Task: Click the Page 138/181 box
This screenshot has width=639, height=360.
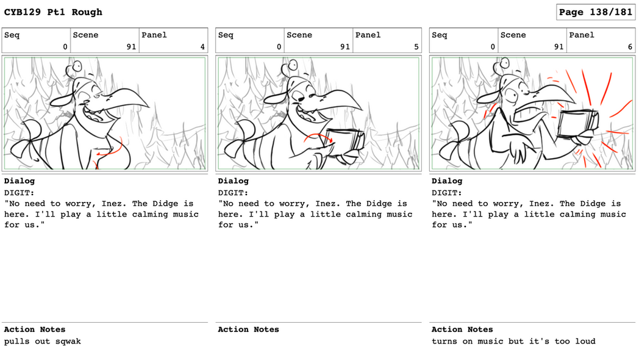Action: click(595, 12)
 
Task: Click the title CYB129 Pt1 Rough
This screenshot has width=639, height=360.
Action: click(53, 12)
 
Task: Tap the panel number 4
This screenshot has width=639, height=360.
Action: click(202, 47)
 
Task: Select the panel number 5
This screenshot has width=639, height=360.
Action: click(416, 47)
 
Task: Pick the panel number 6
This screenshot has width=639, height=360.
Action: click(630, 47)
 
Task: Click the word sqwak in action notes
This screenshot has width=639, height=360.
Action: click(68, 341)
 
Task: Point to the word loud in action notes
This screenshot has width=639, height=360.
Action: click(585, 341)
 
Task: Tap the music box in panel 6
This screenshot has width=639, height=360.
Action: click(577, 124)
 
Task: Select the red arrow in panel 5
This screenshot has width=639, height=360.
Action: click(318, 138)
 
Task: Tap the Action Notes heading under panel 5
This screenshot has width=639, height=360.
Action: click(248, 329)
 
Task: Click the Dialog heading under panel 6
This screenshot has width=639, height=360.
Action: click(447, 181)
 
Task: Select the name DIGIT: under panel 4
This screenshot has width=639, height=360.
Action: click(19, 193)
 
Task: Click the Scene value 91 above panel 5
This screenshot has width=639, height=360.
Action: click(344, 47)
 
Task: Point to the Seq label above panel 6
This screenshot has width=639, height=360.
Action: click(439, 35)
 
